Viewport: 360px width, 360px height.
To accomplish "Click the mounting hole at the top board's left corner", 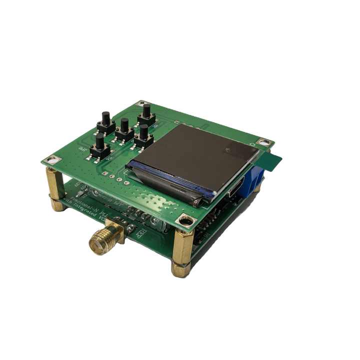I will pos(53,160).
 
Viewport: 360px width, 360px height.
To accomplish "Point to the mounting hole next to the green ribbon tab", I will pos(264,143).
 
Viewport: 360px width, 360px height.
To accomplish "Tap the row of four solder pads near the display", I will pos(112,174).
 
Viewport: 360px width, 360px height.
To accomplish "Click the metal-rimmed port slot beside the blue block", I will pos(235,187).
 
